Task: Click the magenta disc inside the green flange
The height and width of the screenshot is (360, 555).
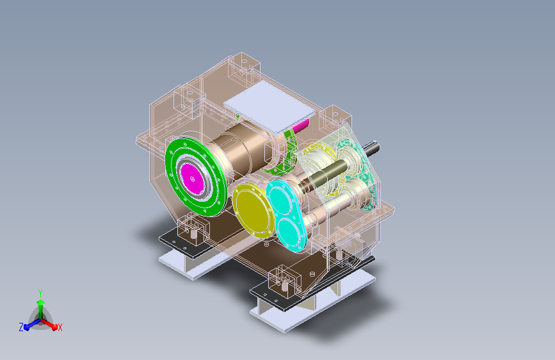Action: point(192,178)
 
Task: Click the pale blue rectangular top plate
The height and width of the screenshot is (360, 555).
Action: point(269,106)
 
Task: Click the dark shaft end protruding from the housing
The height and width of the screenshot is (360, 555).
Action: point(372,148)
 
